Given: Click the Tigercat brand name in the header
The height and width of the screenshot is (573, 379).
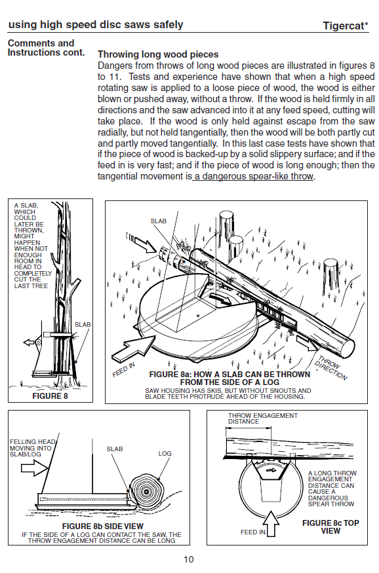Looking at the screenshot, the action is point(345,26).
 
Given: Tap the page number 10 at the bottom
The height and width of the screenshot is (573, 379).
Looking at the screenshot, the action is point(189,559).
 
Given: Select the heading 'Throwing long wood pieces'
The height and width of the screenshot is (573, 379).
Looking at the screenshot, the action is point(158,54).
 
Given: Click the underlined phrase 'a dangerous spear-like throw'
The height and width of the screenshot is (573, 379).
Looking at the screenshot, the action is point(254,177).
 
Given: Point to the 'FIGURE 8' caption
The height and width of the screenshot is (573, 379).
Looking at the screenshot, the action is point(50,396).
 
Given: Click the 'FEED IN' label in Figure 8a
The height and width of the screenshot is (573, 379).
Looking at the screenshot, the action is point(124,369).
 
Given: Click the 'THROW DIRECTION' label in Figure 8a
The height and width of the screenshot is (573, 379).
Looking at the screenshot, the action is point(331,367).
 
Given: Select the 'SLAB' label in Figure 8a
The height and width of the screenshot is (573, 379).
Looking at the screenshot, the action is point(159,221).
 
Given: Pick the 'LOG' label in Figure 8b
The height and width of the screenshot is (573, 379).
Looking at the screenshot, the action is point(165,453).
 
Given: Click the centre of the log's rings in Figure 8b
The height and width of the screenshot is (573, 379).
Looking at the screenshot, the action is point(146,492).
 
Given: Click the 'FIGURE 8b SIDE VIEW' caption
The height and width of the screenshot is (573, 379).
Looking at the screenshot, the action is point(103,527).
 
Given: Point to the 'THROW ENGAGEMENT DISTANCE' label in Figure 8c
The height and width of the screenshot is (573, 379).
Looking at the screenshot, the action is point(263,418).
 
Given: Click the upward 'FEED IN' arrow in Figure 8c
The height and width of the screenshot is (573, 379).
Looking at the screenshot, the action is point(271,523).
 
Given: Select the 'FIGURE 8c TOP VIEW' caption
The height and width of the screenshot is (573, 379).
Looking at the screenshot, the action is point(330,527).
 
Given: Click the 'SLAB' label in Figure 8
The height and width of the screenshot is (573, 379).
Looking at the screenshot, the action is point(83,325).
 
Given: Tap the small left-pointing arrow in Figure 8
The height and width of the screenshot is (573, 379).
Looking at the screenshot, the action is point(29,342).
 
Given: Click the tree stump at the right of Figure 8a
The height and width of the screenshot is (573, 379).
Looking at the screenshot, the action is point(330,278).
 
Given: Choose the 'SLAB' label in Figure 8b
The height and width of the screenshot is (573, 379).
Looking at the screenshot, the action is point(115,449).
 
